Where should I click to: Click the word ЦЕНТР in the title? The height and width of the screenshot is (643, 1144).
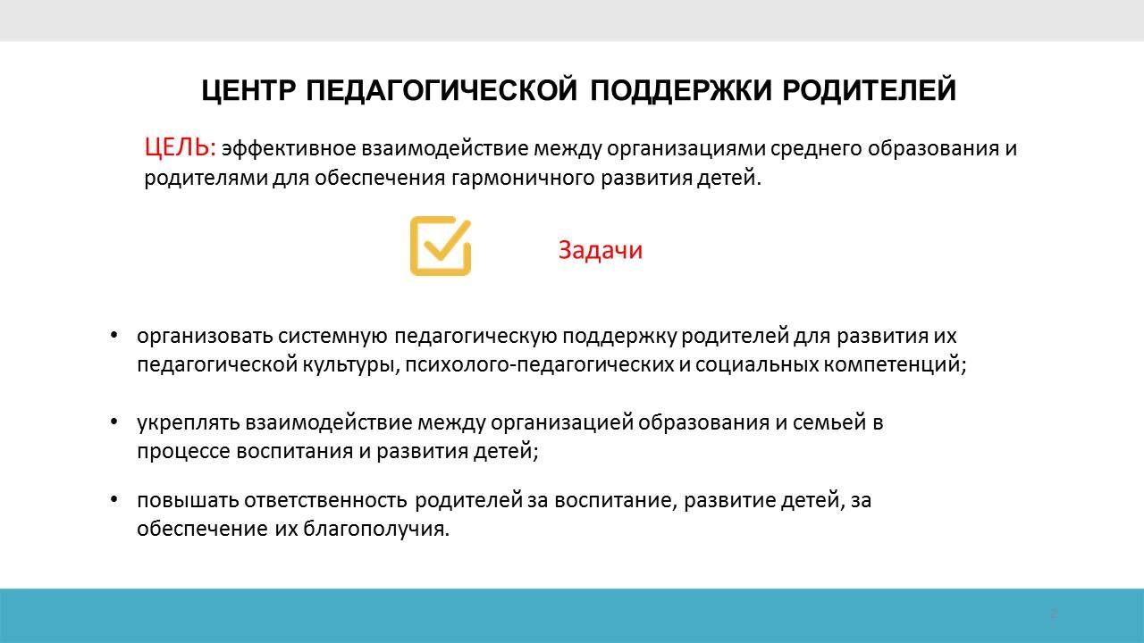click(248, 91)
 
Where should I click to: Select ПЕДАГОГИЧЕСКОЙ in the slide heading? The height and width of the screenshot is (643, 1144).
click(442, 90)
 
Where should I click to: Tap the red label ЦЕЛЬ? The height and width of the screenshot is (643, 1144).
click(181, 148)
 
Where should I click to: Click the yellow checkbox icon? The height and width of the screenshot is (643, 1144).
click(441, 246)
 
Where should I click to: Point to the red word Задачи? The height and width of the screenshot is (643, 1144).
click(600, 250)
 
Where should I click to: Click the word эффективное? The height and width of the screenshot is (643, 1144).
click(289, 149)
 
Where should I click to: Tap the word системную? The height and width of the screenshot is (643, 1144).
click(333, 337)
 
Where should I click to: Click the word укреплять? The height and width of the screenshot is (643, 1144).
click(188, 423)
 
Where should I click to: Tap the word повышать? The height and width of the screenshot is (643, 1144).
click(188, 500)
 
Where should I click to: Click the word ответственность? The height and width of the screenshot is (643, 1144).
click(325, 500)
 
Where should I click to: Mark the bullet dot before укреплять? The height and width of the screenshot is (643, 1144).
click(114, 422)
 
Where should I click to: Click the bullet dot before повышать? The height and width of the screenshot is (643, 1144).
click(114, 499)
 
